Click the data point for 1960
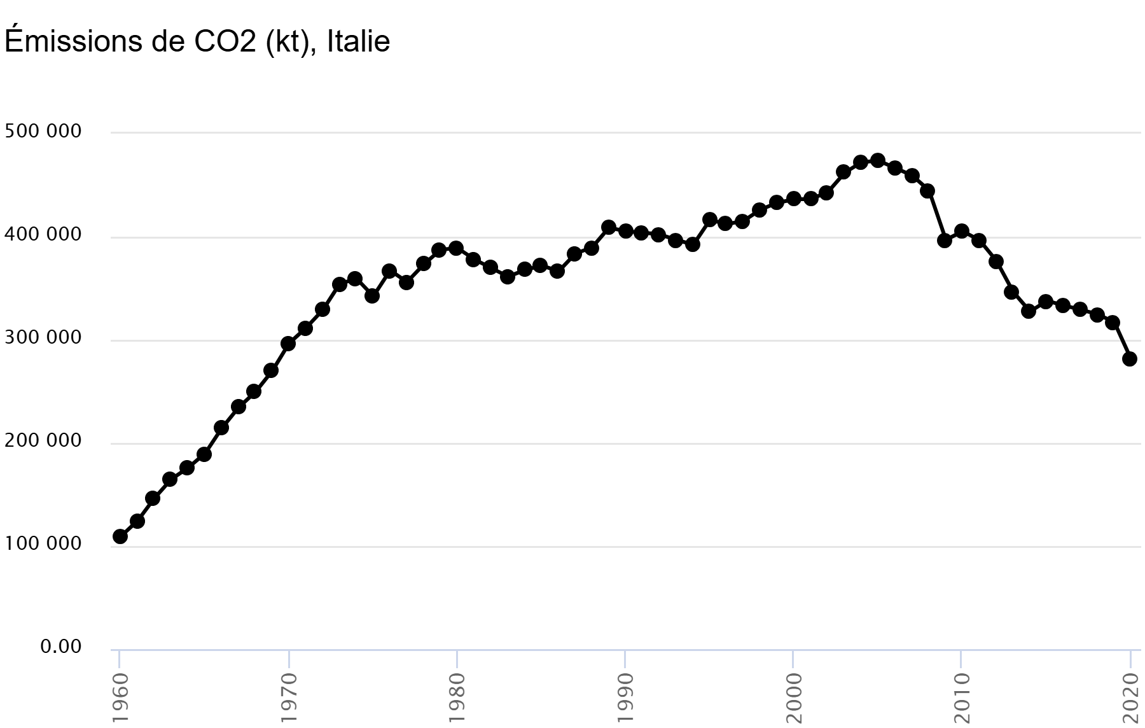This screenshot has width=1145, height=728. pyautogui.click(x=120, y=536)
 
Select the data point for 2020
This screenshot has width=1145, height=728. pyautogui.click(x=1130, y=359)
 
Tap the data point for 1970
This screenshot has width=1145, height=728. pyautogui.click(x=288, y=344)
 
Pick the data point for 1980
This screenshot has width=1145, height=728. pyautogui.click(x=456, y=248)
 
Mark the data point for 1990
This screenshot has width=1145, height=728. pyautogui.click(x=625, y=231)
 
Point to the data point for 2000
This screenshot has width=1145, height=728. pyautogui.click(x=793, y=199)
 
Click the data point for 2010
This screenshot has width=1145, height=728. pyautogui.click(x=962, y=231)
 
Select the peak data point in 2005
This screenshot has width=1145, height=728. pyautogui.click(x=878, y=160)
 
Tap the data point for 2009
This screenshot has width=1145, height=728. pyautogui.click(x=945, y=240)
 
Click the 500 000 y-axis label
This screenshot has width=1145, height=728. pyautogui.click(x=43, y=132)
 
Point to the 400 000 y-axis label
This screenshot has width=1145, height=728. pyautogui.click(x=43, y=235)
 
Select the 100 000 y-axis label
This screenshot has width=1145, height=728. pyautogui.click(x=43, y=544)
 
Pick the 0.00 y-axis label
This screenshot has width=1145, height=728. pyautogui.click(x=61, y=647)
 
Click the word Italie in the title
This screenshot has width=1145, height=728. pyautogui.click(x=358, y=42)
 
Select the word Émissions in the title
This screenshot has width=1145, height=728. pyautogui.click(x=73, y=42)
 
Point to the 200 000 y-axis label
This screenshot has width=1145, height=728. pyautogui.click(x=43, y=441)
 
